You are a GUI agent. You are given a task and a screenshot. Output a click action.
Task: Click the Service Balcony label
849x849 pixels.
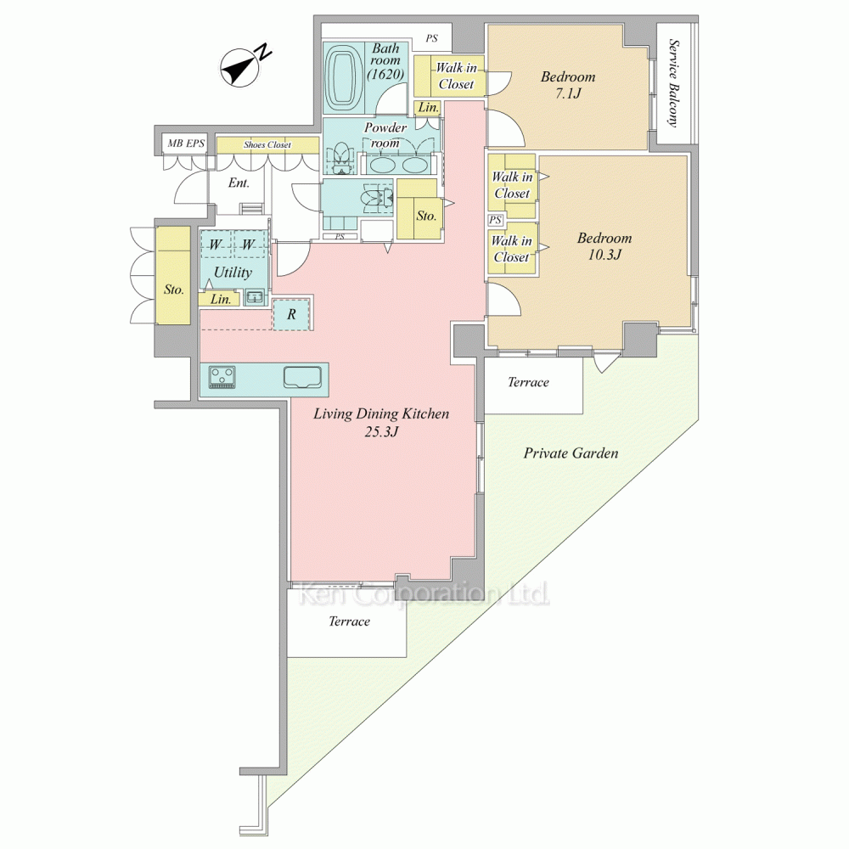click(x=673, y=82)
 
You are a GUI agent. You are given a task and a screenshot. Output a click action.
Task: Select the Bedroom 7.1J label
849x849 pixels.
click(x=568, y=84)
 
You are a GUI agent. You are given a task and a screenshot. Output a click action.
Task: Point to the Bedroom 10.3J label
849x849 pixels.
click(x=604, y=246)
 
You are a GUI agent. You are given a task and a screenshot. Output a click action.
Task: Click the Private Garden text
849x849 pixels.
click(x=571, y=453)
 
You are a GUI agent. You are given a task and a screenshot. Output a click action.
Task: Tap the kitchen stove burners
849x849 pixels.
click(x=222, y=376)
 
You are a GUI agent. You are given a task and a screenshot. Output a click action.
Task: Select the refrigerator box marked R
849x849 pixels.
click(x=291, y=314)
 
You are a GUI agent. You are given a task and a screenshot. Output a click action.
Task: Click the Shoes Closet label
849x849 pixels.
click(x=267, y=144)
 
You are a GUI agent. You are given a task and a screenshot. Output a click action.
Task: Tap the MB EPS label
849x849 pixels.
click(x=186, y=143)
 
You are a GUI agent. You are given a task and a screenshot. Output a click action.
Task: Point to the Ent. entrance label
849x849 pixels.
click(x=239, y=183)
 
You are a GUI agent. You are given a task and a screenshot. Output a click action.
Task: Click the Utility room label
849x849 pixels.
click(x=233, y=272)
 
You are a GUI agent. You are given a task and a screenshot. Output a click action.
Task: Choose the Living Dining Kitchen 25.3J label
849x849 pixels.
click(x=381, y=422)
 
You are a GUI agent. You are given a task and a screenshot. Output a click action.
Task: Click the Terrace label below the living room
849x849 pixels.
click(x=349, y=621)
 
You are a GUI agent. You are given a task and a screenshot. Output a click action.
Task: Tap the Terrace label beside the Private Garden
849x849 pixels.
click(x=528, y=382)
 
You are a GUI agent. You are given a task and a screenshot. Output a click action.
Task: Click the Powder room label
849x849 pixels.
click(x=385, y=135)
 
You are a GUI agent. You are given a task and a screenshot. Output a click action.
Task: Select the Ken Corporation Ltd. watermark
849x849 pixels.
click(x=424, y=594)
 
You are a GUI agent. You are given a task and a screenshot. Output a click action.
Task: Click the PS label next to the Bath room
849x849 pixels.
click(x=431, y=38)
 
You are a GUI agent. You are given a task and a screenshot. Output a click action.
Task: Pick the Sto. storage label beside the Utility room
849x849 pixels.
click(x=174, y=290)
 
